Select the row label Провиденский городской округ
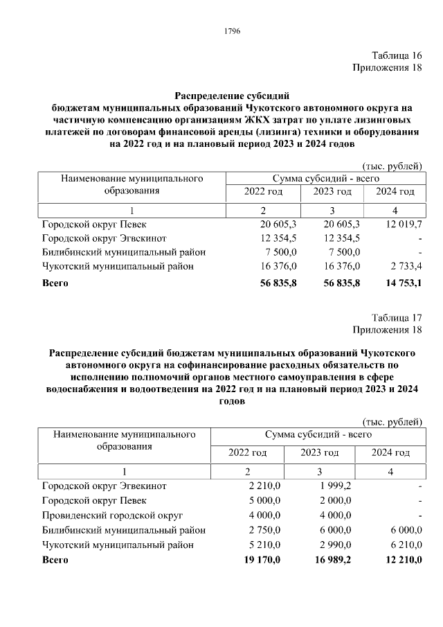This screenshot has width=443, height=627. [x=112, y=516]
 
